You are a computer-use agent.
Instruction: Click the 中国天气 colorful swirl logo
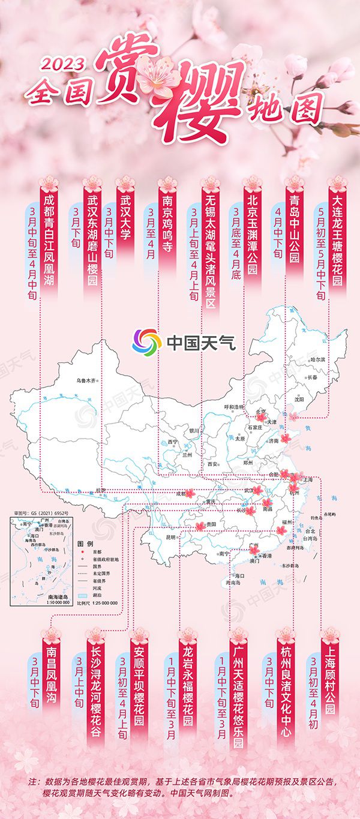(x=147, y=342)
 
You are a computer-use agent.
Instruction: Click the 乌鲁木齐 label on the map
(x=86, y=380)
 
